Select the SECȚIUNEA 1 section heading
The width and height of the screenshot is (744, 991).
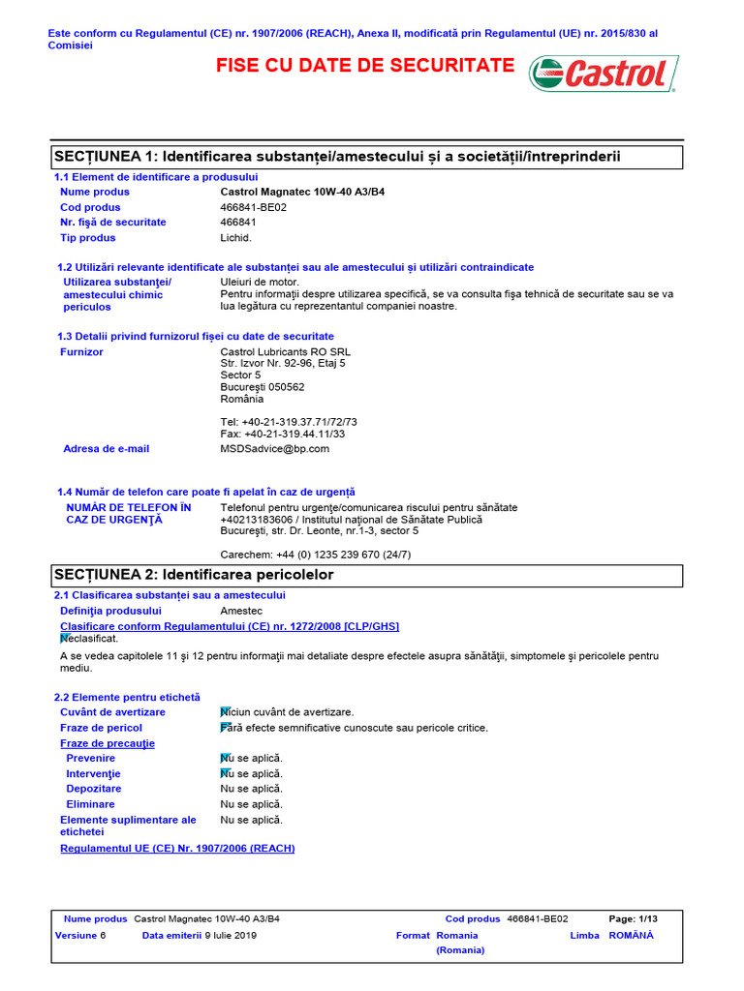click(337, 157)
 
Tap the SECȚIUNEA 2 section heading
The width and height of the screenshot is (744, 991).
click(194, 575)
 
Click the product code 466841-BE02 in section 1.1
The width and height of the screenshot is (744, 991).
click(254, 207)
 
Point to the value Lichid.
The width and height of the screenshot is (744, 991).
click(235, 238)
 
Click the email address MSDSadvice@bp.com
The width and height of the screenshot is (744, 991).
click(275, 449)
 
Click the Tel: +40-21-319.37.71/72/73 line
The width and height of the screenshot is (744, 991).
click(289, 422)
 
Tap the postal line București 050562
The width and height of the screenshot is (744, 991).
click(262, 387)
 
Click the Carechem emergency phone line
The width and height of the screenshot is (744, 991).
click(316, 555)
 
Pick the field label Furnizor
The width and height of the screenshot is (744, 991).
click(81, 352)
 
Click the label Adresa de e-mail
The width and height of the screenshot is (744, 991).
click(106, 449)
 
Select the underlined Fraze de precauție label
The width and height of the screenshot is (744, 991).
click(107, 743)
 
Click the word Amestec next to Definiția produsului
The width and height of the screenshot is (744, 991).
click(241, 611)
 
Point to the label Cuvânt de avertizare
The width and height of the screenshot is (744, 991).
click(112, 712)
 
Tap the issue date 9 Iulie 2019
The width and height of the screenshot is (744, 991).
click(230, 936)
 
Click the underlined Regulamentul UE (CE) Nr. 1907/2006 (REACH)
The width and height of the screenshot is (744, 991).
click(177, 849)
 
